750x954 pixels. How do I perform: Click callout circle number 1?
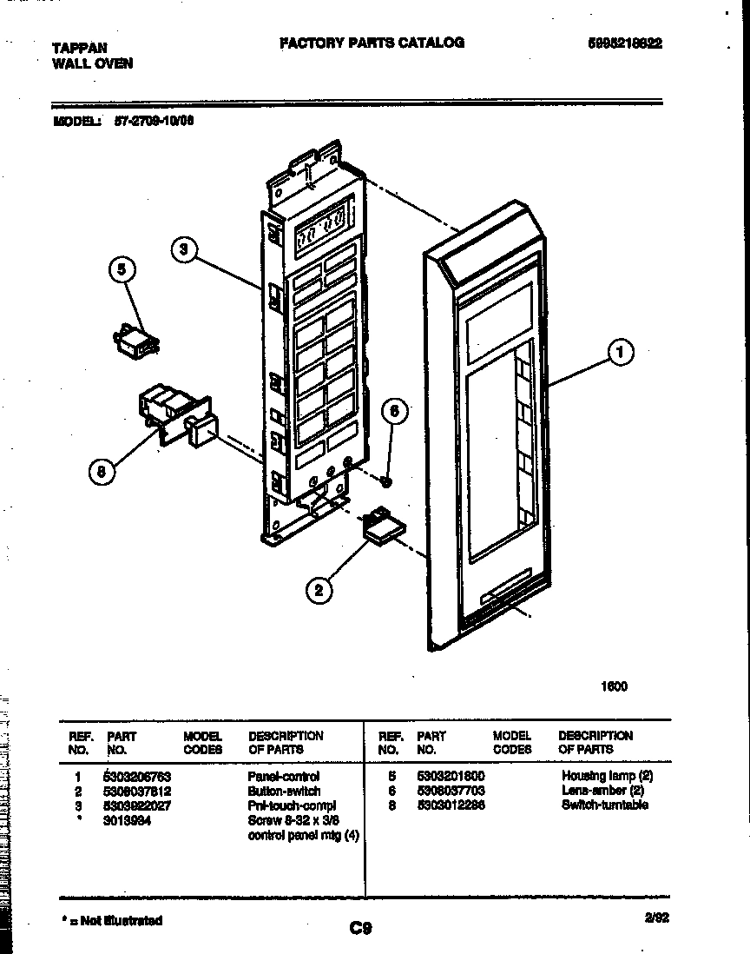click(620, 353)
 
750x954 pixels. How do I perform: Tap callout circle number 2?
click(319, 591)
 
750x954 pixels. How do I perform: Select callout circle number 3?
click(183, 249)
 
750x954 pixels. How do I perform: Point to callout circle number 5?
click(122, 270)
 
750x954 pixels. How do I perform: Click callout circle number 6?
click(393, 411)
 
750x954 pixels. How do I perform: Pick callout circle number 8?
click(101, 472)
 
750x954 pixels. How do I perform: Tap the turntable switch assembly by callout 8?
click(174, 414)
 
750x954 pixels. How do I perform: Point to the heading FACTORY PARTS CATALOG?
click(372, 43)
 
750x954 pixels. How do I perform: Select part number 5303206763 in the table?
click(137, 776)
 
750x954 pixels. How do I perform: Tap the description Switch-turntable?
click(604, 805)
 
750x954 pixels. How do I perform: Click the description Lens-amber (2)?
click(602, 791)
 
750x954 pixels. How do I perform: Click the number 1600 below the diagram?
click(614, 686)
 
